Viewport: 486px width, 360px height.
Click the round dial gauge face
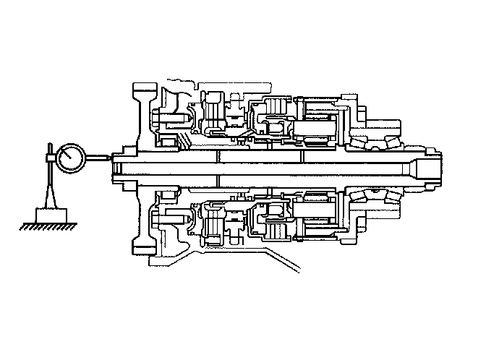(x=73, y=158)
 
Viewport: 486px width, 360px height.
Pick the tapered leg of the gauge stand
(x=50, y=192)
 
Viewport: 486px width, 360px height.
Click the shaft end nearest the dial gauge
(x=114, y=168)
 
